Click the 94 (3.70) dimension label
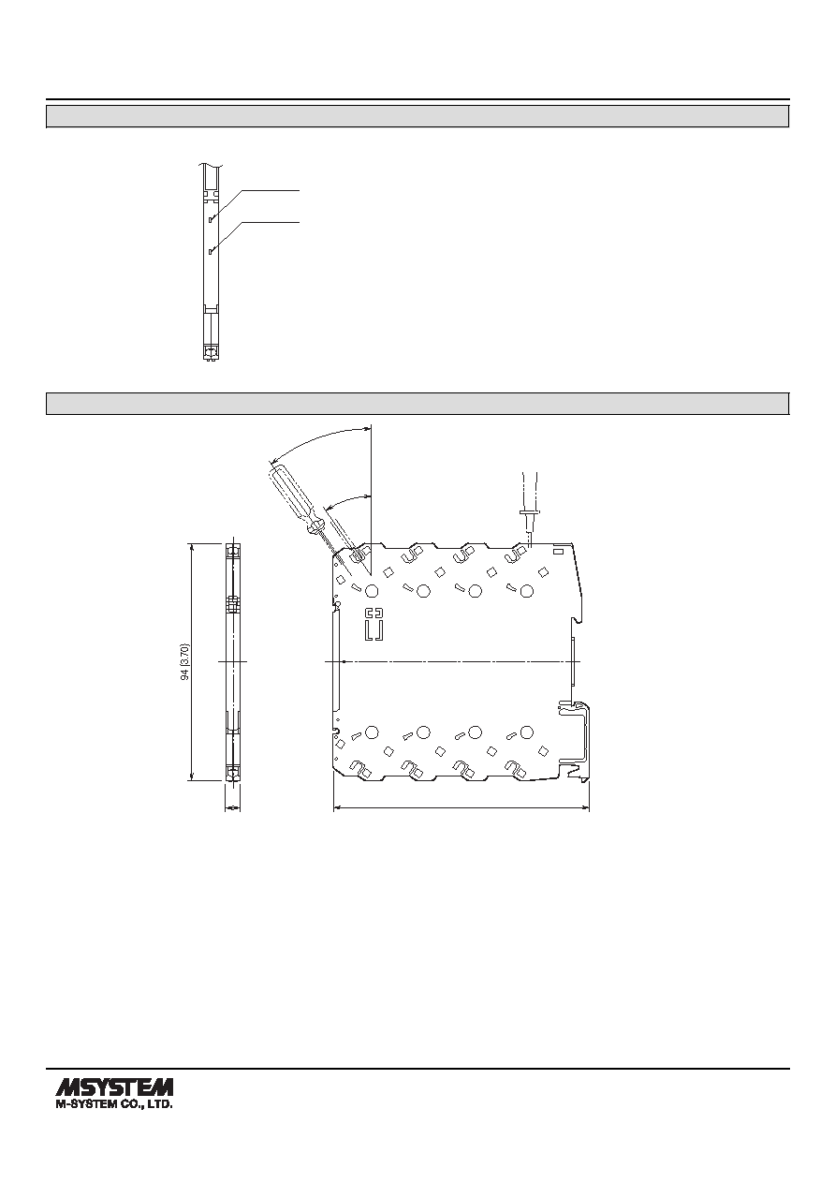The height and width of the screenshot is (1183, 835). [184, 661]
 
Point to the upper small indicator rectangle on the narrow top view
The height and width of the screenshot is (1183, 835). [211, 218]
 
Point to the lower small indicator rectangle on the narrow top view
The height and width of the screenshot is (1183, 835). [211, 251]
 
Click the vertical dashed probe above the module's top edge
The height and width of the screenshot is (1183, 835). [529, 508]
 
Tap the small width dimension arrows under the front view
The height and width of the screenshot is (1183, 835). [232, 807]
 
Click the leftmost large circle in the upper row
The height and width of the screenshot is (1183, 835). [372, 590]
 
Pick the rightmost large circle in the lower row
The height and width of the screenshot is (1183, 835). [526, 732]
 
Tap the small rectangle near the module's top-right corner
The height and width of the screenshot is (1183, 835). [558, 552]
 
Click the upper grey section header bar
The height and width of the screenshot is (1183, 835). [417, 116]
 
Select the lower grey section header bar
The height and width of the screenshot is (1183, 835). [417, 404]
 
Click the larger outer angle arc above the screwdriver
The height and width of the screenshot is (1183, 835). [316, 437]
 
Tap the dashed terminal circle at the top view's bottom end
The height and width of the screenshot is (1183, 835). [212, 352]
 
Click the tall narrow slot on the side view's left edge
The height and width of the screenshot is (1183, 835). [337, 661]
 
